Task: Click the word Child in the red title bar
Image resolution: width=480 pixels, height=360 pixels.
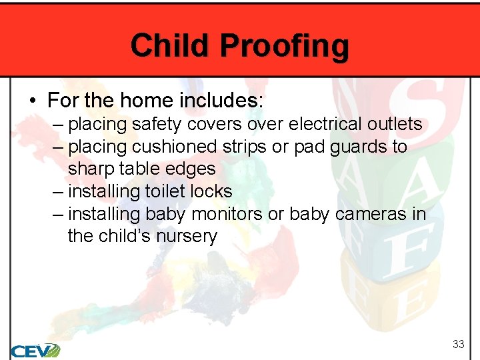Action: point(171,45)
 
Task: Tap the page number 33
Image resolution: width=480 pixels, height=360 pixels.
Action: point(458,344)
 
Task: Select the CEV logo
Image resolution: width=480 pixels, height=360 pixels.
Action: point(35,349)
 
